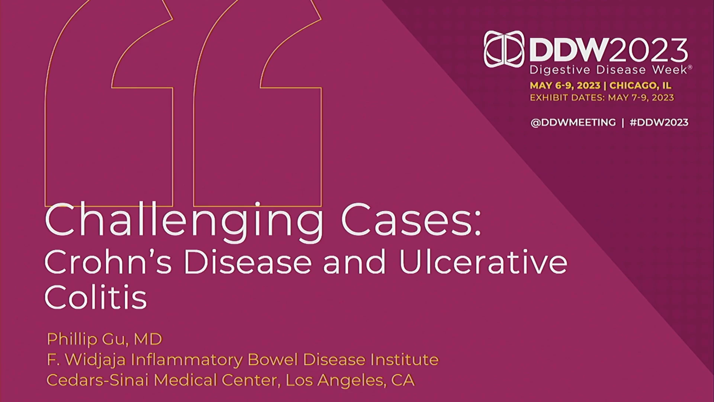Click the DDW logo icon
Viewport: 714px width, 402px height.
point(504,49)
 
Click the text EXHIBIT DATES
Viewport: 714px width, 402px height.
point(567,98)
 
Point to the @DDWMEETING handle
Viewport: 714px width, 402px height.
point(573,122)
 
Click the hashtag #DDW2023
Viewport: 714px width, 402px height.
point(659,122)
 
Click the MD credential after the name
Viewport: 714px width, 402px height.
point(148,339)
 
